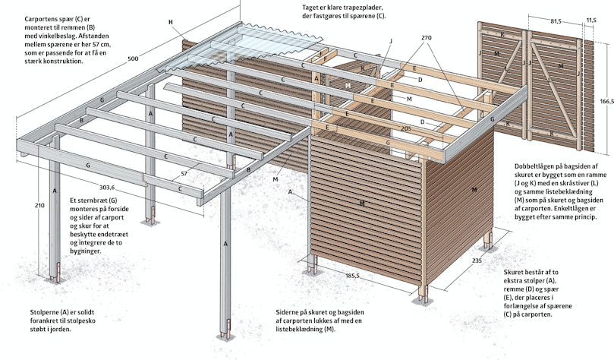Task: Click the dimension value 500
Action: (133, 59)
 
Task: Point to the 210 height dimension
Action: (39, 205)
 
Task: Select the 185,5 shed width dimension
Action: (352, 276)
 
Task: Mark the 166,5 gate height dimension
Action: (606, 102)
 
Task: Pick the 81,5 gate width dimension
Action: (556, 21)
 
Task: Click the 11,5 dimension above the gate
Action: (591, 21)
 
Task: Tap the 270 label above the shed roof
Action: (427, 38)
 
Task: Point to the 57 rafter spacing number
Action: (184, 173)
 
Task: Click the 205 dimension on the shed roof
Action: (407, 128)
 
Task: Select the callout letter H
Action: (171, 22)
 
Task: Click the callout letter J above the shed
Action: (390, 41)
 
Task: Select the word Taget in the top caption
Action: (310, 8)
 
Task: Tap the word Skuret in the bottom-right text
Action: (513, 272)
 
